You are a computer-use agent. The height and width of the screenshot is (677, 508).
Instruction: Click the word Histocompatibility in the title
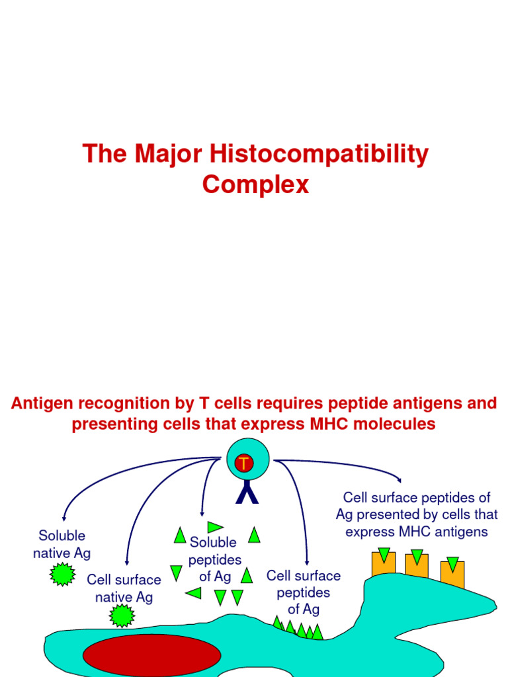319,155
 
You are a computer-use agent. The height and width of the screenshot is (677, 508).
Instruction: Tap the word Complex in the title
255,184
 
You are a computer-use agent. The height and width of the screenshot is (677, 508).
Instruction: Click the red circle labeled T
244,464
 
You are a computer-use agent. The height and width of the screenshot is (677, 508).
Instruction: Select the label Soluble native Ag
62,544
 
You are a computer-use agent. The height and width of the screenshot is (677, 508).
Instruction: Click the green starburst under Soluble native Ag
63,573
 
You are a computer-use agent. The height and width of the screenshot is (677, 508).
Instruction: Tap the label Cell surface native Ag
124,588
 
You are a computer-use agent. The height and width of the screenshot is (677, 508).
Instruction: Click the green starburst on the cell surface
122,615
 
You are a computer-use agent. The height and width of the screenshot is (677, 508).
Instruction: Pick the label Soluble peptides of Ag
214,559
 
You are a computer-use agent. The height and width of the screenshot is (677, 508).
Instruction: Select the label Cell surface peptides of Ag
304,592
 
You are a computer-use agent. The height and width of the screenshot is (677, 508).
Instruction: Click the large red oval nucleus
151,655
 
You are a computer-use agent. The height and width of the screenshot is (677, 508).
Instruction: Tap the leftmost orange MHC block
384,563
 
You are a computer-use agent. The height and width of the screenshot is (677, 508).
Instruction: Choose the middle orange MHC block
417,565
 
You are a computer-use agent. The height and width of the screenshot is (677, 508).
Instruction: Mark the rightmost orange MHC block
452,573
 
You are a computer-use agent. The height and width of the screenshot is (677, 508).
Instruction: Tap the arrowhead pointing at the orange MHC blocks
398,481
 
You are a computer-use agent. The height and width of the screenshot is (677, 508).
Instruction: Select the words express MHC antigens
417,532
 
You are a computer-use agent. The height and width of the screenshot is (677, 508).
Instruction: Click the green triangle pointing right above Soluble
215,527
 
